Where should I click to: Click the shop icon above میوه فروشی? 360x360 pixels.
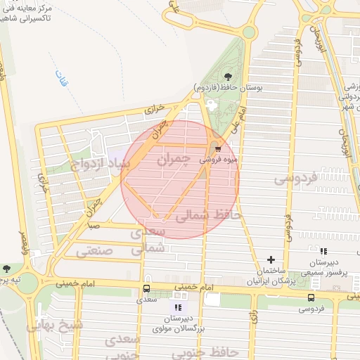click(218, 149)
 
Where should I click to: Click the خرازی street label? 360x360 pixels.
click(154, 110)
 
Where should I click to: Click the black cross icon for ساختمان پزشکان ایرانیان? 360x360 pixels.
click(271, 259)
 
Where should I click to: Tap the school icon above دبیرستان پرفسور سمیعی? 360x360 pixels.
click(323, 251)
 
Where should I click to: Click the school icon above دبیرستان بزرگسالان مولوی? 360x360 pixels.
click(178, 307)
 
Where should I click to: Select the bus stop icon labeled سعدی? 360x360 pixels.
click(146, 288)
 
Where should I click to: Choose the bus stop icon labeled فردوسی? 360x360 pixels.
click(311, 297)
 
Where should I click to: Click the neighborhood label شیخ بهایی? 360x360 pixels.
click(53, 326)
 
